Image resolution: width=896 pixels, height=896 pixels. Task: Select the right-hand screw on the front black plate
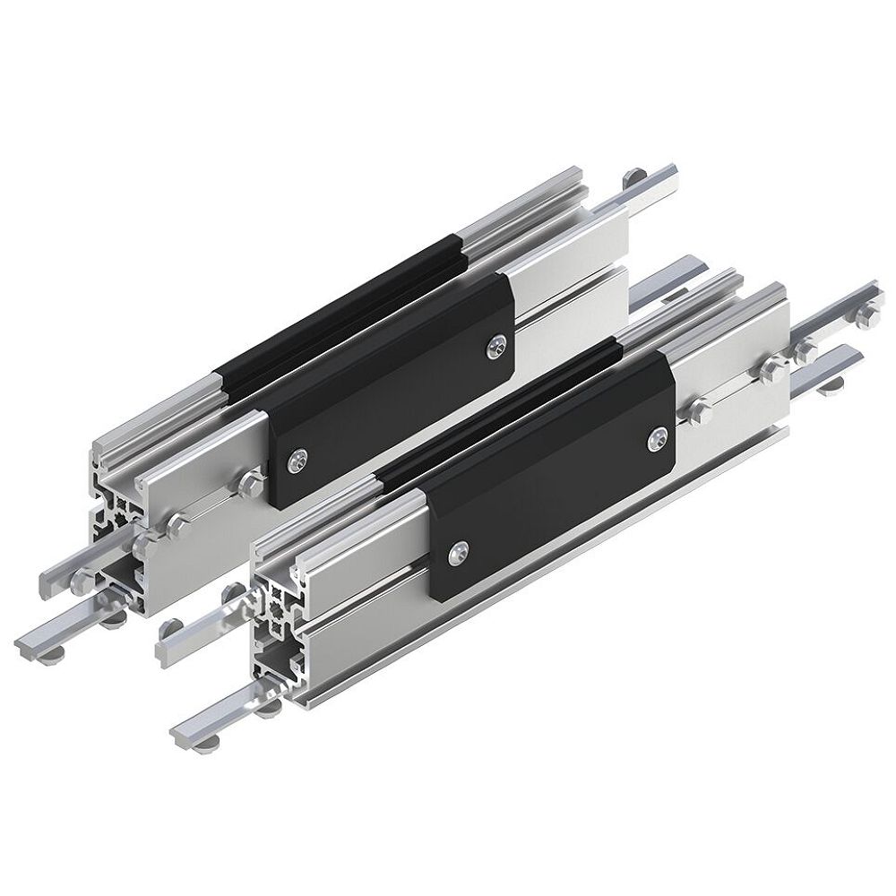(x=657, y=436)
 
